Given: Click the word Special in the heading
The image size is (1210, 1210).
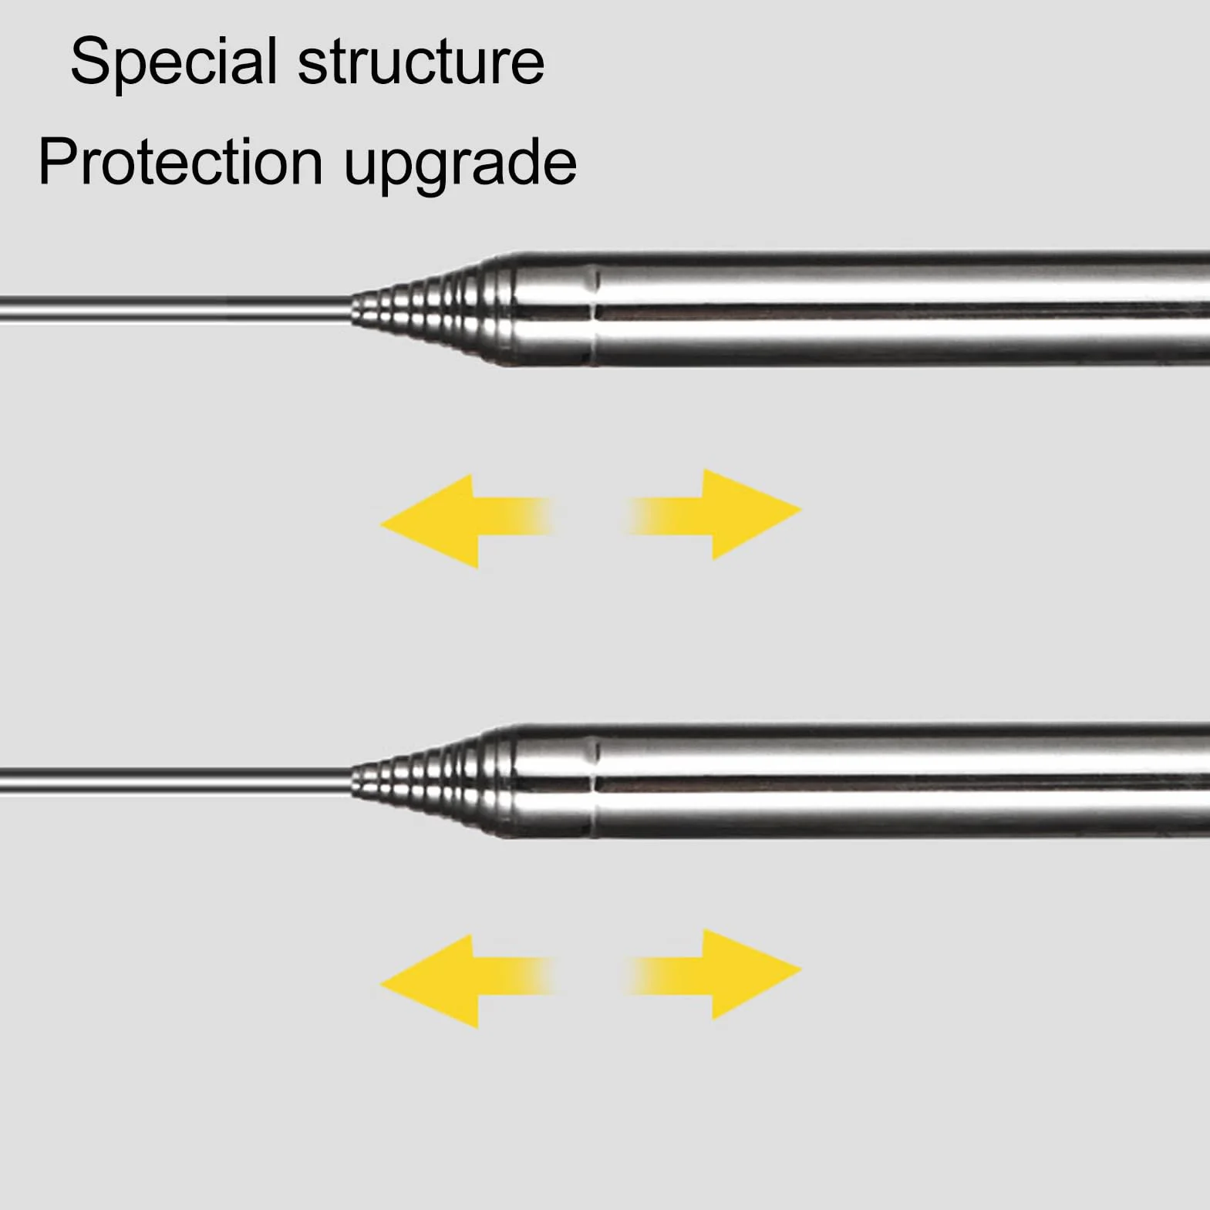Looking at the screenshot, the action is (174, 62).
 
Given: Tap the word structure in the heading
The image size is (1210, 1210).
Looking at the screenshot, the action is (421, 62).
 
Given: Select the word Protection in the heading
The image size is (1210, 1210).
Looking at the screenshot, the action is (180, 161).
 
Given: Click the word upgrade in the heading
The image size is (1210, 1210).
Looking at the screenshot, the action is (460, 167).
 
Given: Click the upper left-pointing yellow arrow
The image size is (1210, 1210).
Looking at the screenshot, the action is (467, 521).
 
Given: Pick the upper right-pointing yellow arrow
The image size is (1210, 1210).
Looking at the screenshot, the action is (713, 514).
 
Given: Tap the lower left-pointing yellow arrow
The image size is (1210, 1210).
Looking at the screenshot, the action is (467, 981).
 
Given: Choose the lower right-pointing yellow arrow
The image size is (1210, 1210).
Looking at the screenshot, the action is (713, 974).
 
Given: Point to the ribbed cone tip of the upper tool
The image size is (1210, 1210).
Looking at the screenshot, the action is (432, 308).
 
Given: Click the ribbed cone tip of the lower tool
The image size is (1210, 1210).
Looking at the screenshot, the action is (432, 783).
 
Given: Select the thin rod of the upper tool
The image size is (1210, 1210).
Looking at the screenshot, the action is (176, 308).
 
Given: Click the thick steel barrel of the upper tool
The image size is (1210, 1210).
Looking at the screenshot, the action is (902, 308).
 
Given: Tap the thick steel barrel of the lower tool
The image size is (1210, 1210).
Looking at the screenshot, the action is (902, 781).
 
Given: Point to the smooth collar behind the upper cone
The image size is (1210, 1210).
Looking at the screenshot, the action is (552, 308).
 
